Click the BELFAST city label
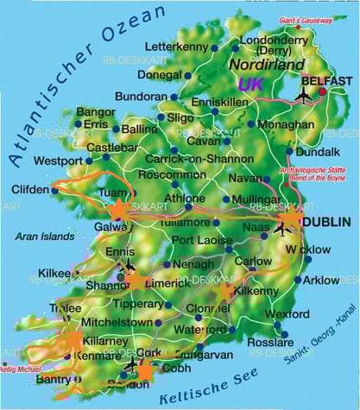327,80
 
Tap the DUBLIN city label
326,221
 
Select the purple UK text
251,85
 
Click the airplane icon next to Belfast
304,94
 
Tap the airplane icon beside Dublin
282,229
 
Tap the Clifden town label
30,189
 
